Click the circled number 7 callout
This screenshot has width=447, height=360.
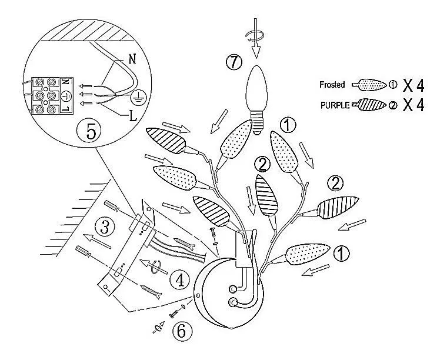235,62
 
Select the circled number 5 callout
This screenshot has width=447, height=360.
91,131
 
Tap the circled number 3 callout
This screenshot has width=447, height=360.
104,226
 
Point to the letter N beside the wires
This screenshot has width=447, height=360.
131,59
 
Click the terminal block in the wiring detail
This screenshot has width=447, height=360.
48,94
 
